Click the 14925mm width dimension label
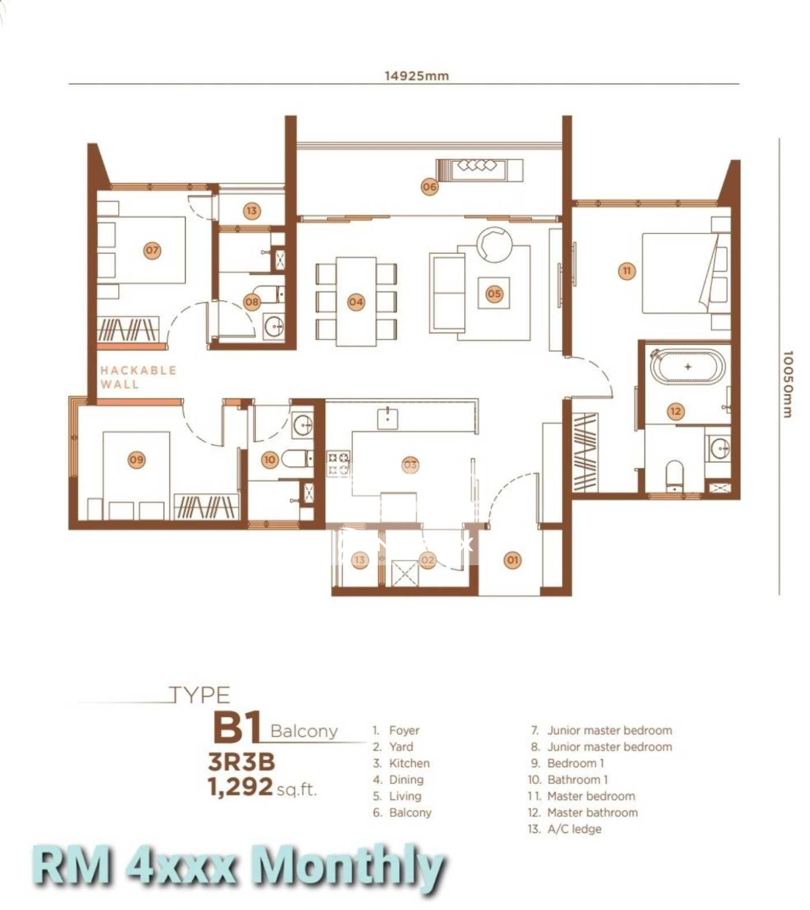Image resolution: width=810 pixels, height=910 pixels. (416, 75)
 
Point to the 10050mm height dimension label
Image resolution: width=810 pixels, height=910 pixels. (787, 384)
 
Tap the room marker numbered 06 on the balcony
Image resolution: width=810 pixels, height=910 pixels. (429, 187)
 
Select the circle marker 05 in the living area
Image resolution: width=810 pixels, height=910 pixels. (494, 294)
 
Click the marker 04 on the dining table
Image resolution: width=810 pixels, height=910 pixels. (355, 302)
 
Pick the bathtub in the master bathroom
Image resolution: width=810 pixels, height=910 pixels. (687, 367)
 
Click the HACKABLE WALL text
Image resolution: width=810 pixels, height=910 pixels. (138, 377)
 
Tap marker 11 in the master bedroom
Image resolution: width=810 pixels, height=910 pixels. (627, 271)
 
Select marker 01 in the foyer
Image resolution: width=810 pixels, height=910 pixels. (512, 560)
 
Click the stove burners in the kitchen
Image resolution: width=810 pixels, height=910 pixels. (339, 464)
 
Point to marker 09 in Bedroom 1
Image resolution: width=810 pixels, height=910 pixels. (136, 459)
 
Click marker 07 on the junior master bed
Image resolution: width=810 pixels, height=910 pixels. (152, 250)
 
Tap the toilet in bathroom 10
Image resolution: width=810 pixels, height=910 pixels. (294, 458)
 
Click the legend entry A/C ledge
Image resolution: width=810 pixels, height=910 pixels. (574, 828)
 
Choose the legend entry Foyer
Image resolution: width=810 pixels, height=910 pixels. (404, 730)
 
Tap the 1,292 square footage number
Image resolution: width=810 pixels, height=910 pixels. (241, 786)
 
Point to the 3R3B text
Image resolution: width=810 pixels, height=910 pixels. (241, 762)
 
